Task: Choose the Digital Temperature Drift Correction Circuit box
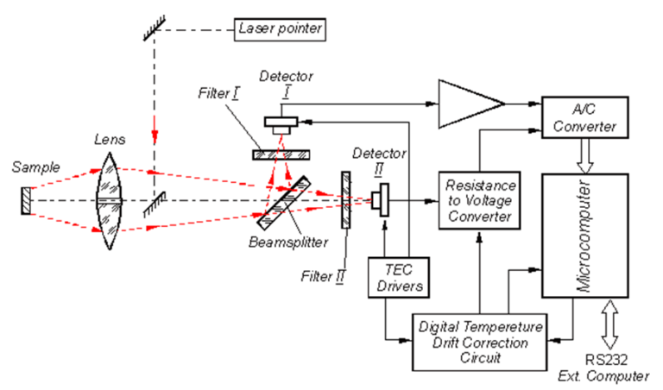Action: coord(479,339)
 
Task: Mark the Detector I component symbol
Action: coord(282,123)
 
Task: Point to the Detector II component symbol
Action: coord(380,201)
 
